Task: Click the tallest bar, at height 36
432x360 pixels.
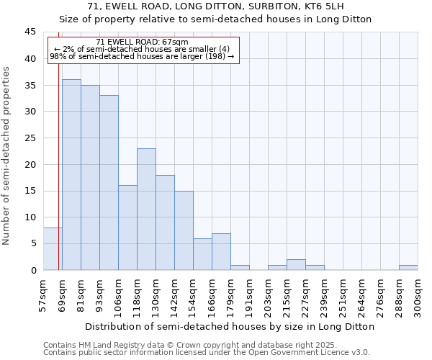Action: (71, 174)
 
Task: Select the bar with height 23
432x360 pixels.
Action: (146, 209)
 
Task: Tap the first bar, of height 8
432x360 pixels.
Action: (53, 248)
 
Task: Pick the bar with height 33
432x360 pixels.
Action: (109, 182)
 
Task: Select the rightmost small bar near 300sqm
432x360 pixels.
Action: (408, 267)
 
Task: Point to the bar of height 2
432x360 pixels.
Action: (296, 264)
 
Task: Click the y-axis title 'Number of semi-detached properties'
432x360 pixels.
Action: (7, 156)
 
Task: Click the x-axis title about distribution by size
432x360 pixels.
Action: (230, 326)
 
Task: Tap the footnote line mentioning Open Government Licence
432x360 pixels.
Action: (207, 352)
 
